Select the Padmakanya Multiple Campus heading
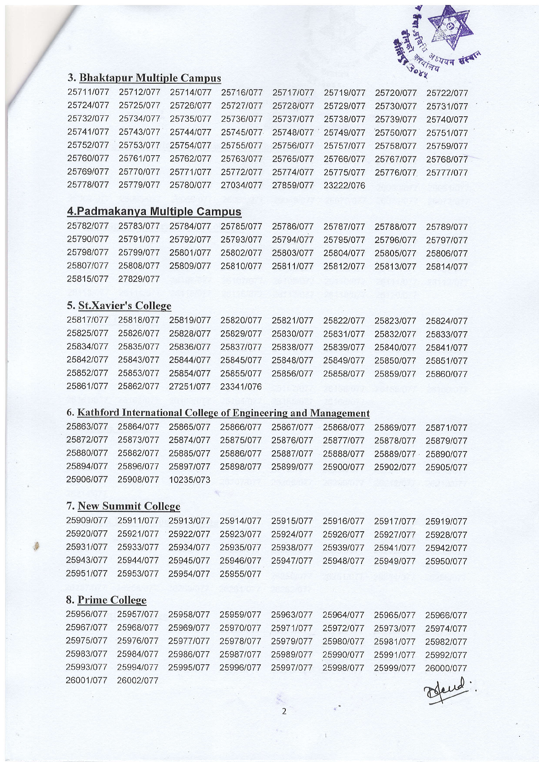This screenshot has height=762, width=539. (x=154, y=211)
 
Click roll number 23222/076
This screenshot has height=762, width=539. (x=344, y=186)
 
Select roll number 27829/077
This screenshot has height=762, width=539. (x=139, y=279)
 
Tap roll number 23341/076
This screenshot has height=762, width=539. (x=241, y=386)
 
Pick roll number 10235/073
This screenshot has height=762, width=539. (x=189, y=480)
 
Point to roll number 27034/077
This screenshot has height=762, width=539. (x=242, y=186)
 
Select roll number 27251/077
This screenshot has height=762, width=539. (x=190, y=386)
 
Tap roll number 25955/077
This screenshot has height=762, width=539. (x=241, y=574)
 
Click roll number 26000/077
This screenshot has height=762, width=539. (x=446, y=668)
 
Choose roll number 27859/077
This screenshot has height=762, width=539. (x=293, y=186)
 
